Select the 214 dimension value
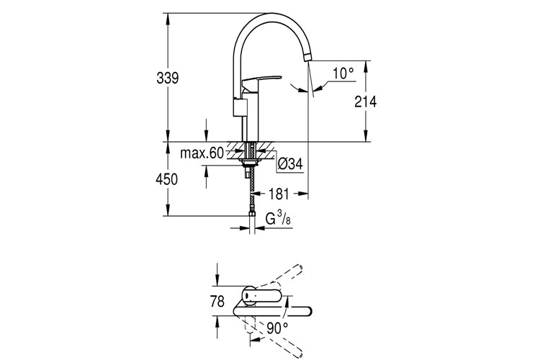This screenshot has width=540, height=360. [366, 102]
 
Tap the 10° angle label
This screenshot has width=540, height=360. [343, 73]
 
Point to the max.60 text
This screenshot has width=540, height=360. [202, 153]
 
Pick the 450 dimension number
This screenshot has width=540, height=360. [166, 180]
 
